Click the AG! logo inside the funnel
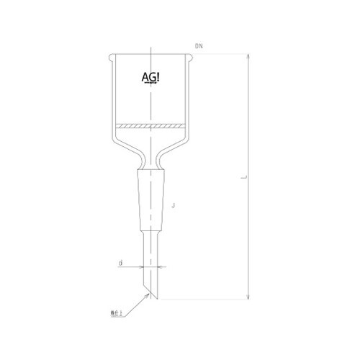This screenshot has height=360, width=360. pyautogui.click(x=148, y=78)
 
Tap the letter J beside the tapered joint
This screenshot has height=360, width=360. pyautogui.click(x=175, y=206)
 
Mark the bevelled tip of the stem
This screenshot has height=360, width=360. pyautogui.click(x=151, y=292)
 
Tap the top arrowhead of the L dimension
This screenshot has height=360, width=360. pyautogui.click(x=248, y=60)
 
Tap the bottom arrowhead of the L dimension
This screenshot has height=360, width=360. pyautogui.click(x=248, y=296)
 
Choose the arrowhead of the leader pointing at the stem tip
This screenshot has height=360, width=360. pyautogui.click(x=148, y=297)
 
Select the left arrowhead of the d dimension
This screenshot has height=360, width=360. pyautogui.click(x=143, y=266)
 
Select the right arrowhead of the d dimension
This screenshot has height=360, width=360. pyautogui.click(x=159, y=266)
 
